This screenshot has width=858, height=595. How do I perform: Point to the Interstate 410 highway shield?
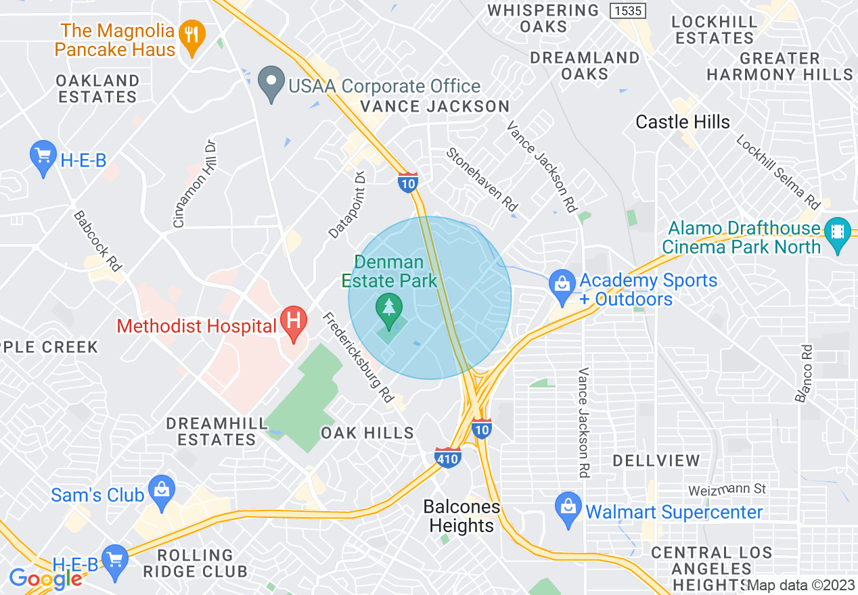tap(448, 458)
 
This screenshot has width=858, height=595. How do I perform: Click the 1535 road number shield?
tap(627, 11)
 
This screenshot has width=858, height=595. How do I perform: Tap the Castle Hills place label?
tap(683, 122)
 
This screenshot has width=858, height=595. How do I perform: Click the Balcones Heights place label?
tap(461, 516)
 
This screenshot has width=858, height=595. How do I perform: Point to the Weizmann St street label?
tap(727, 488)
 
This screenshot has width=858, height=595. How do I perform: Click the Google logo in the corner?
tap(45, 578)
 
